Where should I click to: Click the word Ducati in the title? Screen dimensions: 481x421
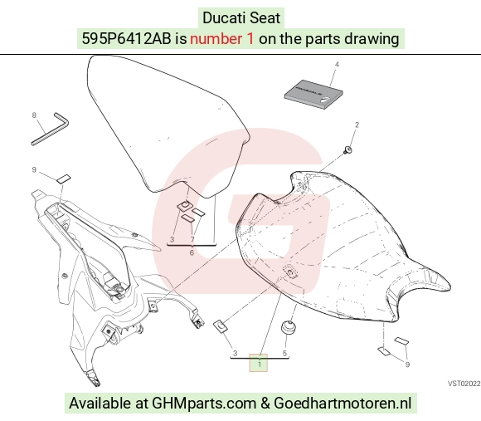tap(220, 17)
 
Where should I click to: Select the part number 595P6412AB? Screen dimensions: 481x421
tap(126, 39)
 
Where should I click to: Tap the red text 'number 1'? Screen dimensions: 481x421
tap(222, 39)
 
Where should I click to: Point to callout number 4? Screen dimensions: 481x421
tap(337, 65)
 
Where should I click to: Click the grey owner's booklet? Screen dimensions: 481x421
tap(313, 95)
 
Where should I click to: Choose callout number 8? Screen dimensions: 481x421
tap(34, 115)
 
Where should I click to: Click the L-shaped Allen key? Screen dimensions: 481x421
tap(50, 129)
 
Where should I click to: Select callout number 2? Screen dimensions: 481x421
tap(357, 125)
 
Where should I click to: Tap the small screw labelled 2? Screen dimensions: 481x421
tap(347, 150)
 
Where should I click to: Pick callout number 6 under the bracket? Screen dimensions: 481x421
tap(192, 252)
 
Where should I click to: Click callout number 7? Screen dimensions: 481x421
tap(192, 239)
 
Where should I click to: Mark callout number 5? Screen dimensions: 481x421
tap(284, 354)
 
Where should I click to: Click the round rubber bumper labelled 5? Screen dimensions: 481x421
tap(289, 326)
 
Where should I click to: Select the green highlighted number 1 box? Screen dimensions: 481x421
tap(258, 363)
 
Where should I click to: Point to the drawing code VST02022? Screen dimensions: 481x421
tap(464, 384)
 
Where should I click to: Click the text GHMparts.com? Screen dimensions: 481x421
tap(204, 403)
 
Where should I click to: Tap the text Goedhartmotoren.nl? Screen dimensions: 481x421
tap(343, 403)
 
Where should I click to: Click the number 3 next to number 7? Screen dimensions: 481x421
tap(172, 239)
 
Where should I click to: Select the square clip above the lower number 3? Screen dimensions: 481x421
tap(221, 326)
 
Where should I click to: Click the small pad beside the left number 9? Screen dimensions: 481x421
tap(64, 179)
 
